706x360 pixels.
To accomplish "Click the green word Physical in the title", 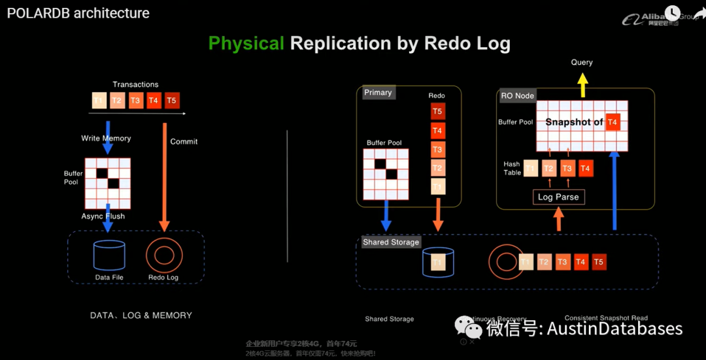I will (246, 44).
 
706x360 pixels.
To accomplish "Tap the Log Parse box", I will (558, 197).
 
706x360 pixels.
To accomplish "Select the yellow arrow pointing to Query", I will (581, 84).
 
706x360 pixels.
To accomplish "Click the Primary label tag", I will (378, 93).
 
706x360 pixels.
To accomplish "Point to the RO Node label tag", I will (517, 95).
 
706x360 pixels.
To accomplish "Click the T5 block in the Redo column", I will (437, 111).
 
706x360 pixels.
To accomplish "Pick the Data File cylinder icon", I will (109, 255).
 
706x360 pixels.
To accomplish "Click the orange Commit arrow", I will (164, 176).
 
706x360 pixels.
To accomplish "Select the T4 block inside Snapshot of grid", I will (612, 122).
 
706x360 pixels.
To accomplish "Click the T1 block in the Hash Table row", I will (530, 169).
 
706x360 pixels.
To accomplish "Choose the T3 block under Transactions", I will (135, 100).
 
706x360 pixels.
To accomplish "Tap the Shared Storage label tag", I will (391, 242).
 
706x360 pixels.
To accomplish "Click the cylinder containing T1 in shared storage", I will (438, 262).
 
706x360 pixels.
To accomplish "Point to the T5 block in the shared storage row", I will (599, 262).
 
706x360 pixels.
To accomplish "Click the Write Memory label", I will (106, 139).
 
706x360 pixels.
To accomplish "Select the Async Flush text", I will (103, 216).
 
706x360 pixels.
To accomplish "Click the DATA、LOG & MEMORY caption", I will (141, 316).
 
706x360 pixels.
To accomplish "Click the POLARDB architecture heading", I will (78, 13).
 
